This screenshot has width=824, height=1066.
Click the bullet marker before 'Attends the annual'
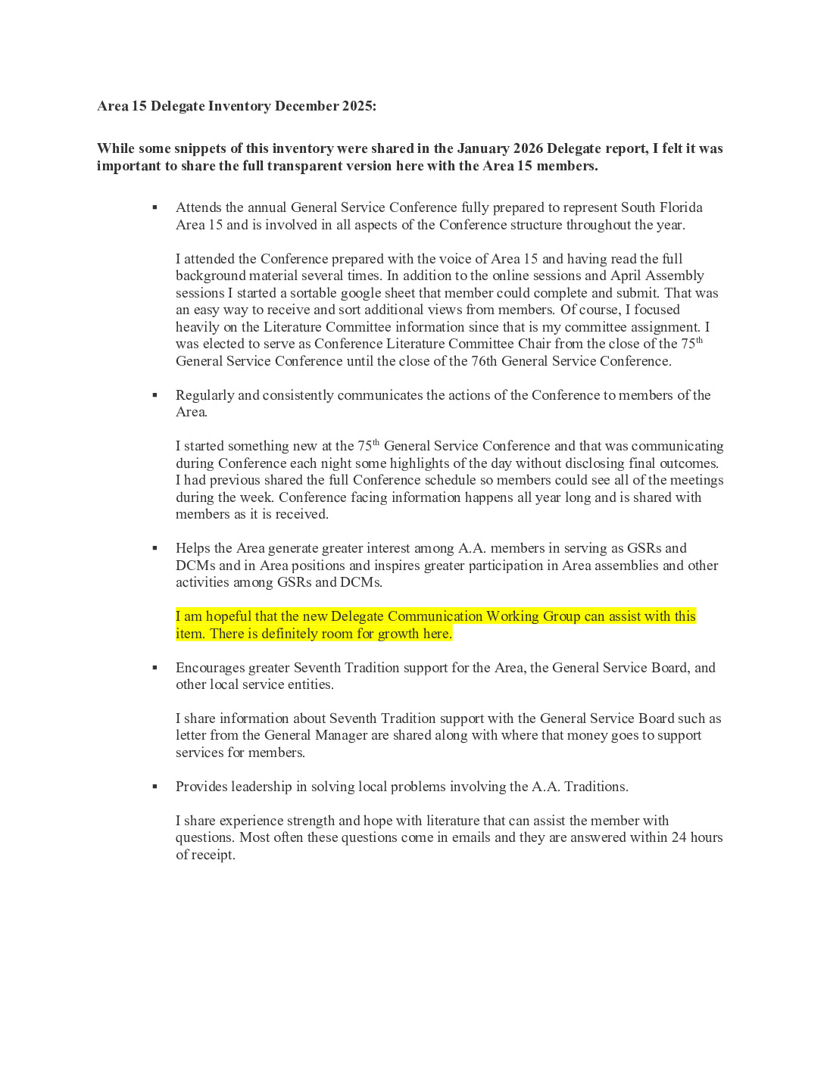[x=155, y=207]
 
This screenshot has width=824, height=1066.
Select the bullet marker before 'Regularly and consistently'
[x=155, y=395]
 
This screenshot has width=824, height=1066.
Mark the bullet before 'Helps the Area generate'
[x=155, y=548]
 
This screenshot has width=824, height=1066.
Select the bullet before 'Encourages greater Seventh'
[x=155, y=668]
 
